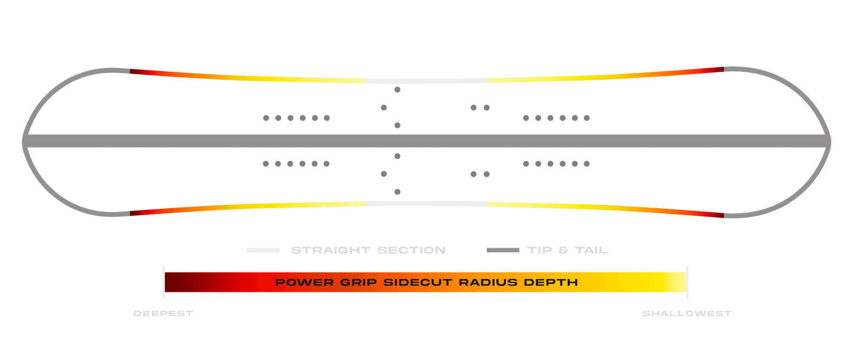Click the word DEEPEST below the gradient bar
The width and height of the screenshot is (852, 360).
click(163, 314)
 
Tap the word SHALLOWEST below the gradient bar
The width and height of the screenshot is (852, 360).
click(686, 314)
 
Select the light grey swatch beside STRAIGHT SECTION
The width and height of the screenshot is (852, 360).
click(263, 250)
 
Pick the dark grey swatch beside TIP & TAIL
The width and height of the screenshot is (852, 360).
click(503, 250)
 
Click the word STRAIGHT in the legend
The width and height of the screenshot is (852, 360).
click(331, 250)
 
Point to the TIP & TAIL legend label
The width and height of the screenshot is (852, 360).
click(568, 250)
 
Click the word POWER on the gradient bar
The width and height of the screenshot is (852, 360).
click(304, 282)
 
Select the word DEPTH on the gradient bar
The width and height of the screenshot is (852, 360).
click(551, 282)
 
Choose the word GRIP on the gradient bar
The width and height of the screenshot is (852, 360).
click(358, 282)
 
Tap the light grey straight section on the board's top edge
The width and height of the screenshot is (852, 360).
click(427, 81)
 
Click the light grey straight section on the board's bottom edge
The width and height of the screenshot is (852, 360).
click(427, 204)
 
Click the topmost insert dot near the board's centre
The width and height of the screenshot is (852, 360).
click(397, 90)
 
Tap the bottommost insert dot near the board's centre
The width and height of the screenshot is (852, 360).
click(397, 192)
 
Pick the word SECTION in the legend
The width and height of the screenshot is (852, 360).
click(411, 250)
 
